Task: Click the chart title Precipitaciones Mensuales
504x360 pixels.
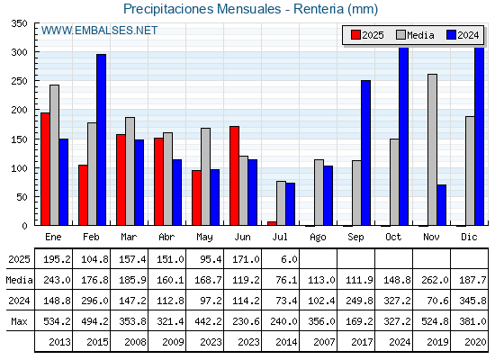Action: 202,9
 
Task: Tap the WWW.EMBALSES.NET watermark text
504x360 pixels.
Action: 99,31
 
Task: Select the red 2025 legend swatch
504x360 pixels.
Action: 355,35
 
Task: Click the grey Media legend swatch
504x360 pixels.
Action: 400,35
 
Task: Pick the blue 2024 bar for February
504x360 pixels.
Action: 101,139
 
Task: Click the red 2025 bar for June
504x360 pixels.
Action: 234,175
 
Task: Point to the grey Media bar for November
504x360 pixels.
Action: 432,149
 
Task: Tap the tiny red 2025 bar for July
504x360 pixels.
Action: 272,223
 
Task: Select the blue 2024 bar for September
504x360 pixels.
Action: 365,153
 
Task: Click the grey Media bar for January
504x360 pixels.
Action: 54,155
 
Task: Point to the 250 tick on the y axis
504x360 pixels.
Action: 19,81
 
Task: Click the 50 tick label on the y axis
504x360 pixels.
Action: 22,197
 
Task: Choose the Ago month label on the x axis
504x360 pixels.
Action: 318,238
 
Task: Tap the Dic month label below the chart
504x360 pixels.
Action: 469,237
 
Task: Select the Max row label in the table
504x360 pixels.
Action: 19,321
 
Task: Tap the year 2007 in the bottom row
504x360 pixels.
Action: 324,342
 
